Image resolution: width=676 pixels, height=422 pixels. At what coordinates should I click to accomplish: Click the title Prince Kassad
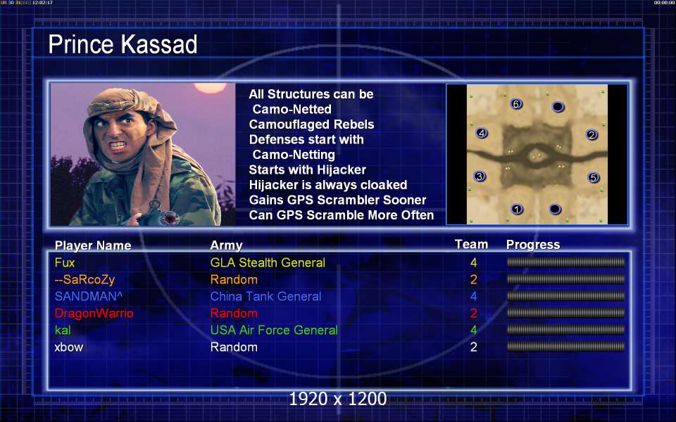123,44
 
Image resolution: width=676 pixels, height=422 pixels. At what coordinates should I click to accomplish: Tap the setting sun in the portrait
211,87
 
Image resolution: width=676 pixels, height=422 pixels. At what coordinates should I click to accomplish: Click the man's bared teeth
118,146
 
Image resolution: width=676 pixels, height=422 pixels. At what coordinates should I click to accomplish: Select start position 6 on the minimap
516,104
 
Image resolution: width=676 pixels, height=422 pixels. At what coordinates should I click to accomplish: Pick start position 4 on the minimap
482,133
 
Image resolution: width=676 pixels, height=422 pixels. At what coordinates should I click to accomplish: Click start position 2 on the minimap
591,135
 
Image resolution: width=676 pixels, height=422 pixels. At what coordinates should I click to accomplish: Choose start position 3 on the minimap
480,176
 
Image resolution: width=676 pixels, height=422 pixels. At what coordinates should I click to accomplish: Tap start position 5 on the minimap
593,177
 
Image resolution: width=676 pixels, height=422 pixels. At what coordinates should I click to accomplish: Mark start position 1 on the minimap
517,210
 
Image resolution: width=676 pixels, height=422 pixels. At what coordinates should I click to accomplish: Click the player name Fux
65,262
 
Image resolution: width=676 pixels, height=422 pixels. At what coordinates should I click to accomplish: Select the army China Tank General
265,296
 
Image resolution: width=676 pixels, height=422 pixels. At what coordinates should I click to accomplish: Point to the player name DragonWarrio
94,313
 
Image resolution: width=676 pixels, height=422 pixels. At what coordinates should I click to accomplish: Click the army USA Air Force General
274,331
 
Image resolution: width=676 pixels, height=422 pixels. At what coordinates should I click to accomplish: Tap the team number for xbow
473,347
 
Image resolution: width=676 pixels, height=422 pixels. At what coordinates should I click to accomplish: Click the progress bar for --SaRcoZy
565,279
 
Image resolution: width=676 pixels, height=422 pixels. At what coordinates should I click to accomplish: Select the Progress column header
533,245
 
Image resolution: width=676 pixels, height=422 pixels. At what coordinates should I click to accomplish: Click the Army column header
226,245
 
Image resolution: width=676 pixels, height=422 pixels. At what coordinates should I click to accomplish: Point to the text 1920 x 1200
338,399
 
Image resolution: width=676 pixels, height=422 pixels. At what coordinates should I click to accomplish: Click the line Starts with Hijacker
308,170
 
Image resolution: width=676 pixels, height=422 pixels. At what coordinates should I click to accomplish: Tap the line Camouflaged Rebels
311,124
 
